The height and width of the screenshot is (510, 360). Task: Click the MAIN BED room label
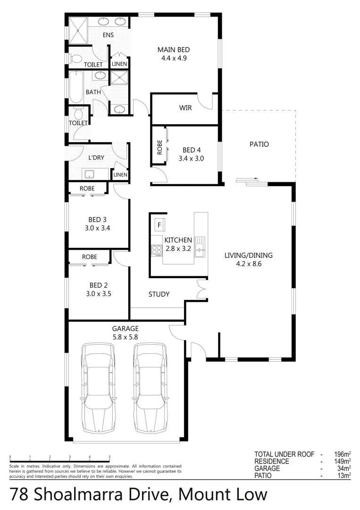tap(173, 50)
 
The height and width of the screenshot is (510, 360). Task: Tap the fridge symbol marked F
tap(159, 224)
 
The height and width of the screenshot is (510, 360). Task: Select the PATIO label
tap(259, 144)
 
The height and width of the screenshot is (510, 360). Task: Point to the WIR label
tap(185, 108)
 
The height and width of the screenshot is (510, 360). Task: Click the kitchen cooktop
tap(156, 250)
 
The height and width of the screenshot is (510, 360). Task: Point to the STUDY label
tap(159, 294)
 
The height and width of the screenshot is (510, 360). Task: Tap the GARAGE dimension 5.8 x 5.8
tap(125, 337)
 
